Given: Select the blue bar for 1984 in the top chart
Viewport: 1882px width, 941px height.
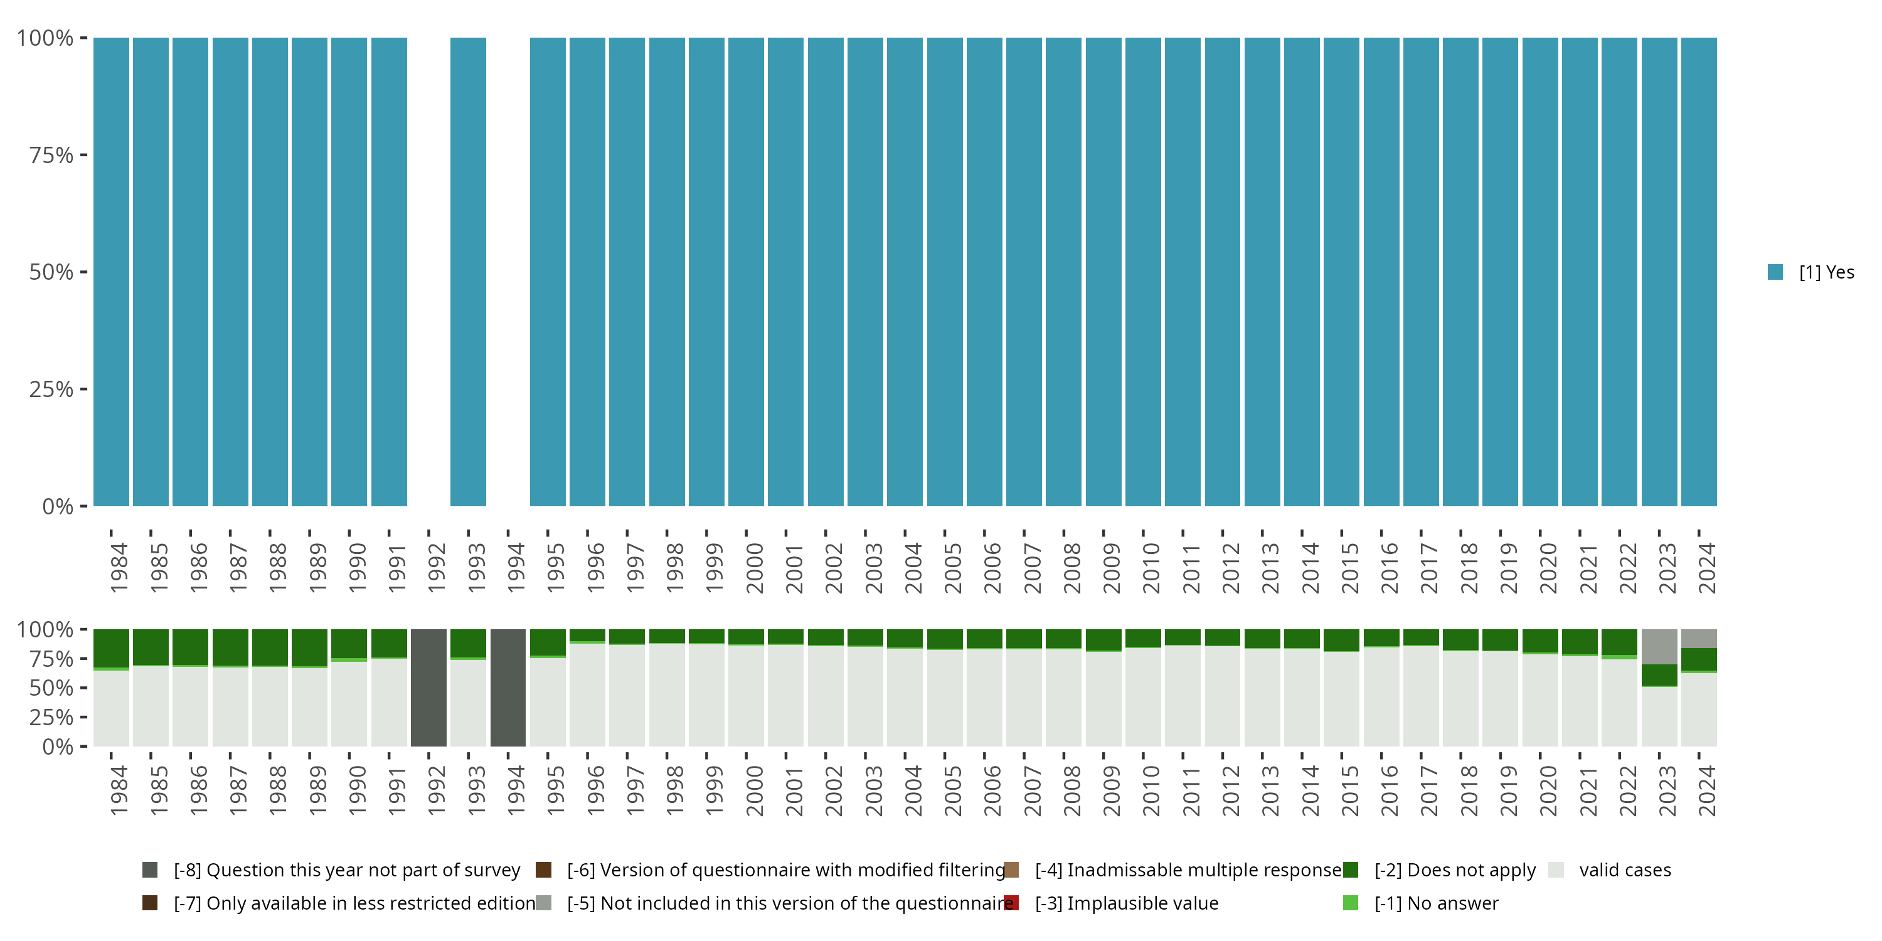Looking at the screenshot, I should pos(111,272).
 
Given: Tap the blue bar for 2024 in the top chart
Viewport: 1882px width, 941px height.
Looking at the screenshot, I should pos(1699,272).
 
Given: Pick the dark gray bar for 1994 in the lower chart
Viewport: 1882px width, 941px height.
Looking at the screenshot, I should pos(508,688).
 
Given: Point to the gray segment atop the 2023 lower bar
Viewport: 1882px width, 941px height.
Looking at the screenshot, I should pos(1659,647).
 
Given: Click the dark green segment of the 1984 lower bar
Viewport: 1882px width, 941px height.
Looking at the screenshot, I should pos(111,648).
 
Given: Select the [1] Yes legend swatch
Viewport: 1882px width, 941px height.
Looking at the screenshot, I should pos(1775,272).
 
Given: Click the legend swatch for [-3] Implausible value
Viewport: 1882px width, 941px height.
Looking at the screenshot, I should pos(1011,903).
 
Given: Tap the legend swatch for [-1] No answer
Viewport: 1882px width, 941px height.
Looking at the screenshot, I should pos(1350,903).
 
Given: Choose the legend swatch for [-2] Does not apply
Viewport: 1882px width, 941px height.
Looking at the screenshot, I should pos(1350,870).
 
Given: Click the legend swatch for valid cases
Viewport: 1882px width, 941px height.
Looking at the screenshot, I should pos(1556,870).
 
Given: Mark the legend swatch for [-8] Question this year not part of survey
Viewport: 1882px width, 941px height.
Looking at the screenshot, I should pos(150,870).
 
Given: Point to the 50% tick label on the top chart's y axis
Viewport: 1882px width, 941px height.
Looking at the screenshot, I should pos(51,272).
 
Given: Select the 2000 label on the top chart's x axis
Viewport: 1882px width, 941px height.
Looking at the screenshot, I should pos(754,568).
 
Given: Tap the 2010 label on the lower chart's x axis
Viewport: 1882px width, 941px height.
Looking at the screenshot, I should pos(1151,790).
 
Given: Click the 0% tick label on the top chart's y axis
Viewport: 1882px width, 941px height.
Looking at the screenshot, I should pos(58,506).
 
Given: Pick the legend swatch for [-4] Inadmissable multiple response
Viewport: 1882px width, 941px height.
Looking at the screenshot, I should pos(1011,870).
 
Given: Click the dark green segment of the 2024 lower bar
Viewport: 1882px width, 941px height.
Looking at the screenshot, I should pos(1699,659).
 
